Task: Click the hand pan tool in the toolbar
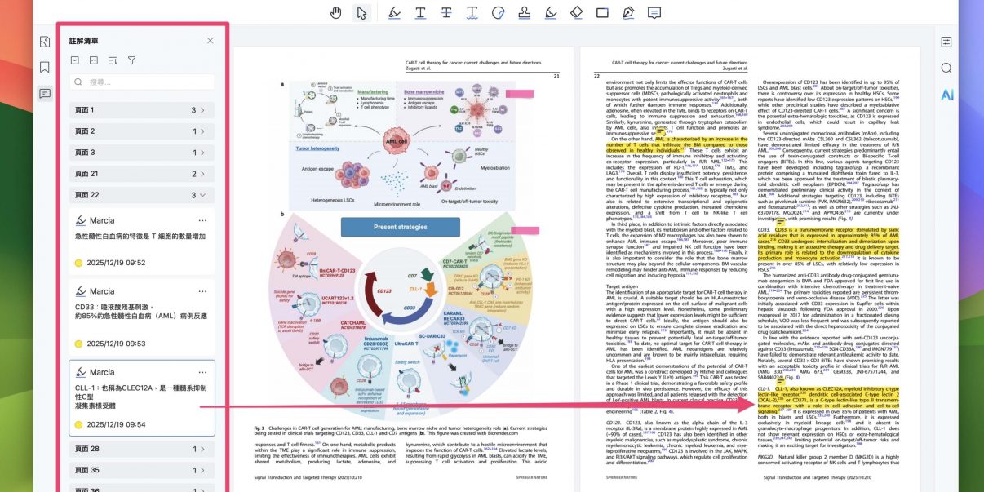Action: [x=336, y=12]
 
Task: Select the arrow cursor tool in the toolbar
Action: [x=361, y=12]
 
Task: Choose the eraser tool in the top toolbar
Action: [x=576, y=12]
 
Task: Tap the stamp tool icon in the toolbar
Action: [x=525, y=12]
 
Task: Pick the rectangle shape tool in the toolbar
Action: [x=602, y=12]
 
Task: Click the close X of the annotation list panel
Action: [x=210, y=40]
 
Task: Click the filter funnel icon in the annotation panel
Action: [x=131, y=60]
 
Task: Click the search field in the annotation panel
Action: [x=142, y=82]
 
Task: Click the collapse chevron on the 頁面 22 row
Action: [x=202, y=195]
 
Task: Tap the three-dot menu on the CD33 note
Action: [x=202, y=291]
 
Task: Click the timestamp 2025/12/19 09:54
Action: [x=116, y=424]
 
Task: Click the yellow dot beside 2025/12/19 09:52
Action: [x=79, y=263]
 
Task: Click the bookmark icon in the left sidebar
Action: [x=45, y=67]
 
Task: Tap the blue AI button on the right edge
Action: [x=946, y=95]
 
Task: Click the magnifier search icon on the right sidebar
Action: [x=946, y=68]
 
